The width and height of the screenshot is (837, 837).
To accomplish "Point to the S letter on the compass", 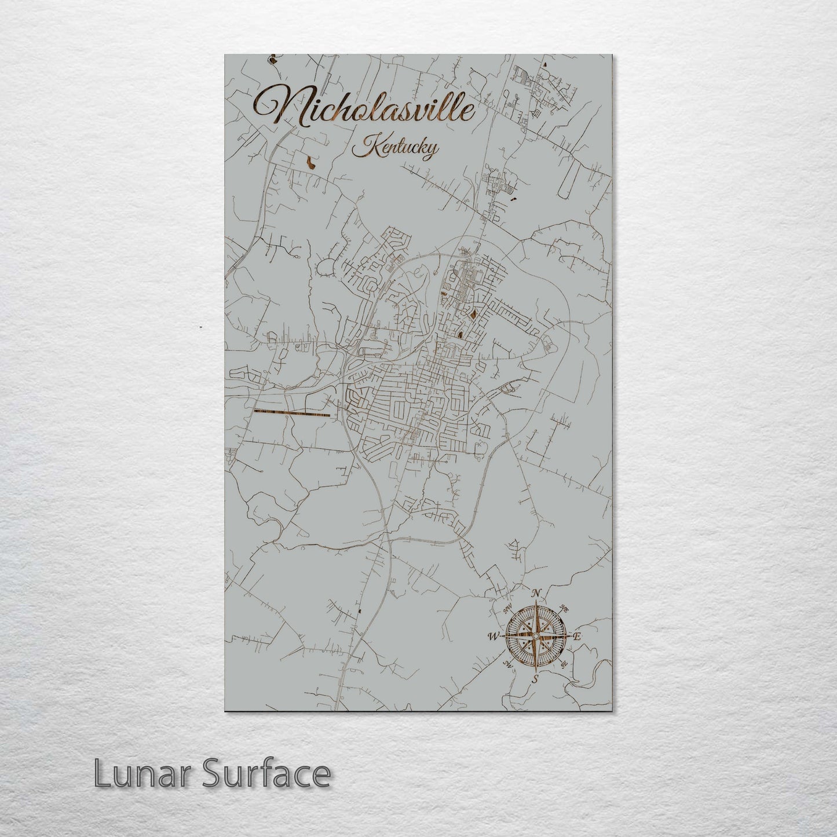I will pyautogui.click(x=536, y=678).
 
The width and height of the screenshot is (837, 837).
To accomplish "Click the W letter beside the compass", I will pyautogui.click(x=494, y=637).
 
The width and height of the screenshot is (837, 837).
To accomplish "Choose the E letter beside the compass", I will pyautogui.click(x=577, y=636).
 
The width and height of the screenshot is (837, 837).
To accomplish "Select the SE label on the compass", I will pyautogui.click(x=565, y=663).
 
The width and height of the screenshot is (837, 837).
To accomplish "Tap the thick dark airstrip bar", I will pyautogui.click(x=292, y=413).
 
